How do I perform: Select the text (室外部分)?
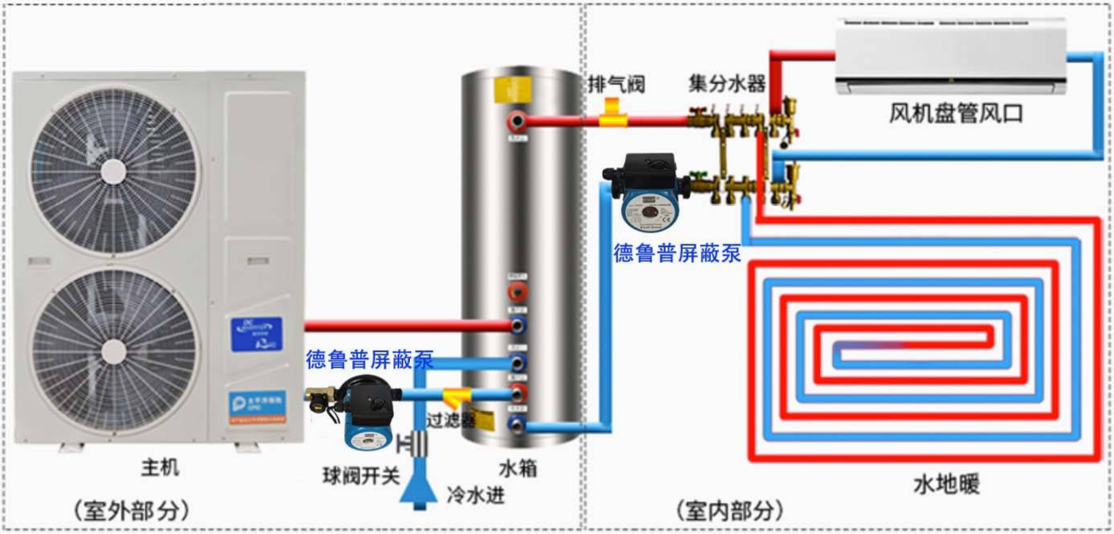pos(131,510)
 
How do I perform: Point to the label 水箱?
pos(517,469)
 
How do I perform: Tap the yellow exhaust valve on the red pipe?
pos(613,112)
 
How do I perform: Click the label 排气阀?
pos(616,83)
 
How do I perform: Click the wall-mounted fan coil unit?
pos(950,56)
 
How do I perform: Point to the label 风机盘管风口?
pos(956,114)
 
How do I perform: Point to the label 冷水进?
pos(475,494)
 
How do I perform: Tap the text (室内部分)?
pos(729,510)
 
